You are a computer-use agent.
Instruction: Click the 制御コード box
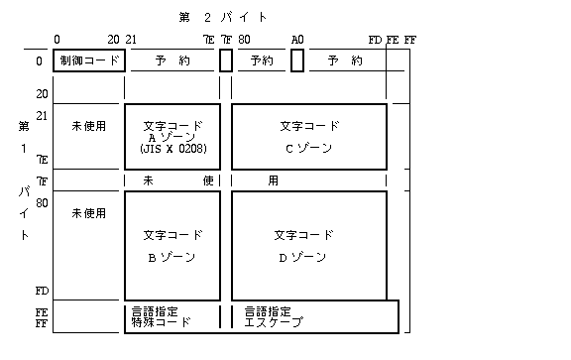88,60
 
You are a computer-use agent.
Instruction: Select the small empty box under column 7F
226,60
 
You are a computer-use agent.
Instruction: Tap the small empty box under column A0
297,60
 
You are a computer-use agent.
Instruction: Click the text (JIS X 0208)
171,150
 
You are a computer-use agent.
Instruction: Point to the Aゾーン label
171,138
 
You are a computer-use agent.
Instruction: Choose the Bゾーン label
171,257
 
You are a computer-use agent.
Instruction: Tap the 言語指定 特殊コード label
161,316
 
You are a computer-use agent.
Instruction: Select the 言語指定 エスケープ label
274,316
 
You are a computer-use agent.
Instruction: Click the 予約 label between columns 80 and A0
261,60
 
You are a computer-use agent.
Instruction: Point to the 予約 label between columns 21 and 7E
171,60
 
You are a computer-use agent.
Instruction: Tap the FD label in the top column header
374,40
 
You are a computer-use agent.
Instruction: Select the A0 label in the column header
297,40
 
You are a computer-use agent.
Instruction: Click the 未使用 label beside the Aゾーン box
88,127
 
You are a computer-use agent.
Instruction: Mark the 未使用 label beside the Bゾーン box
88,212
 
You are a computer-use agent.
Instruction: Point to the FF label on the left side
42,323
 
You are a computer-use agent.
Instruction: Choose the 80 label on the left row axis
42,202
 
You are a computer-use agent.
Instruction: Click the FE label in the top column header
393,40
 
